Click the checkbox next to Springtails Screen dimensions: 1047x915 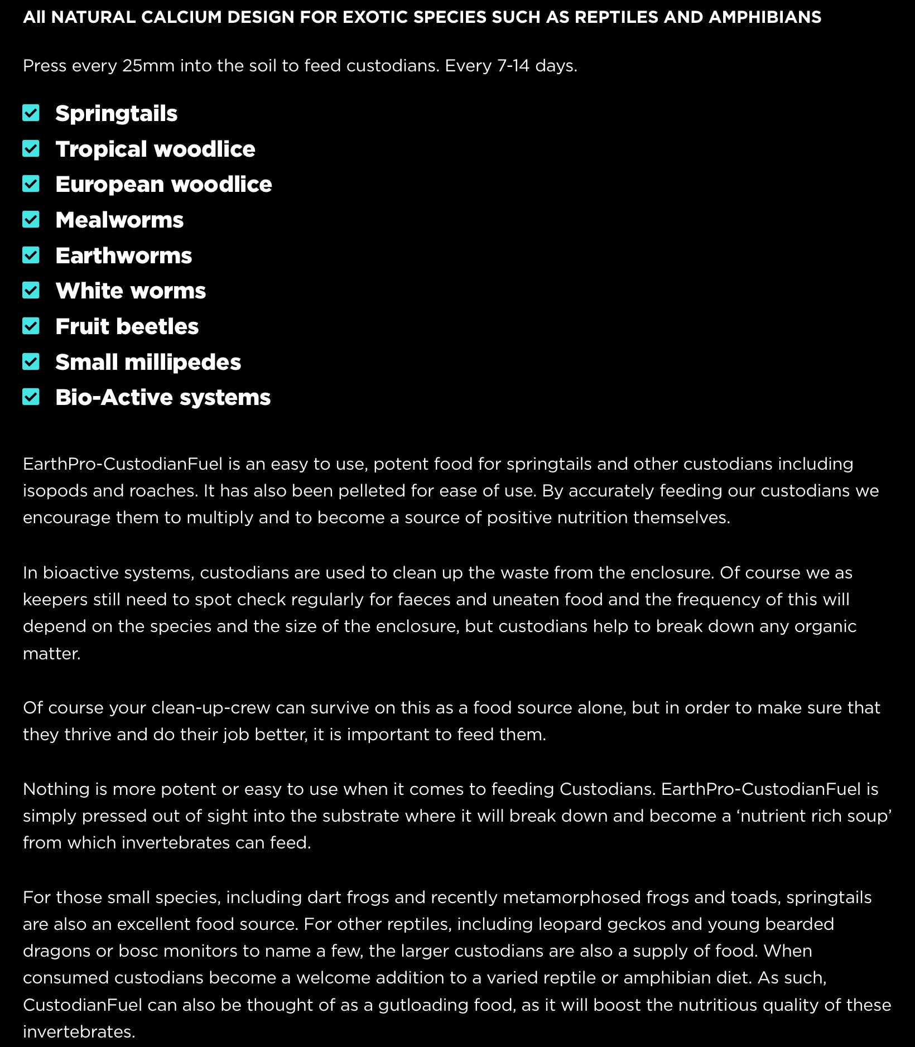[31, 113]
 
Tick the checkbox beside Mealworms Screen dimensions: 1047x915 [31, 220]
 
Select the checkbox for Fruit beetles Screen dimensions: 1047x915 [31, 326]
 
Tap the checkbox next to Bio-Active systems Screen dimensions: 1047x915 [31, 397]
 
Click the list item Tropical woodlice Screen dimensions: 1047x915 [155, 149]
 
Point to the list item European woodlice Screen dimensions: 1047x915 [163, 185]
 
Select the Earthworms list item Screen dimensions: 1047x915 [123, 255]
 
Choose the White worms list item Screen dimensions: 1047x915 [131, 291]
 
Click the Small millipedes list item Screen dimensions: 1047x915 [148, 362]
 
